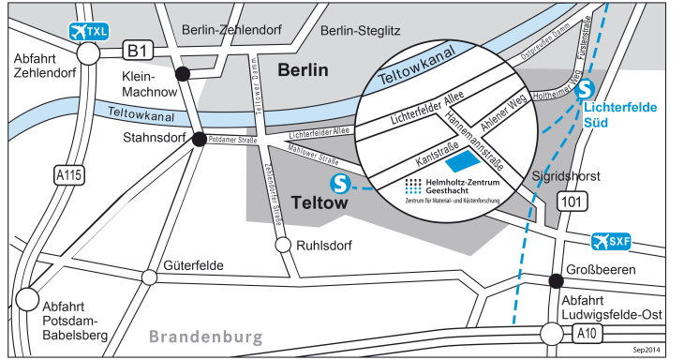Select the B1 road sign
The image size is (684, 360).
[140, 50]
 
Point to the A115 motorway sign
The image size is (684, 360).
[67, 175]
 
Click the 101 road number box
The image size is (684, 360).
[570, 201]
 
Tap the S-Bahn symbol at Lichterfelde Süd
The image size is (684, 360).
[586, 89]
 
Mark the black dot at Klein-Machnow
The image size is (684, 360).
[184, 74]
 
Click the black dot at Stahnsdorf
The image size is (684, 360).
[199, 140]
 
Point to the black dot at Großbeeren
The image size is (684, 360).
[556, 279]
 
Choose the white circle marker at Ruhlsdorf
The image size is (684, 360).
[282, 245]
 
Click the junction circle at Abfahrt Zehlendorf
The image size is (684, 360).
[88, 54]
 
